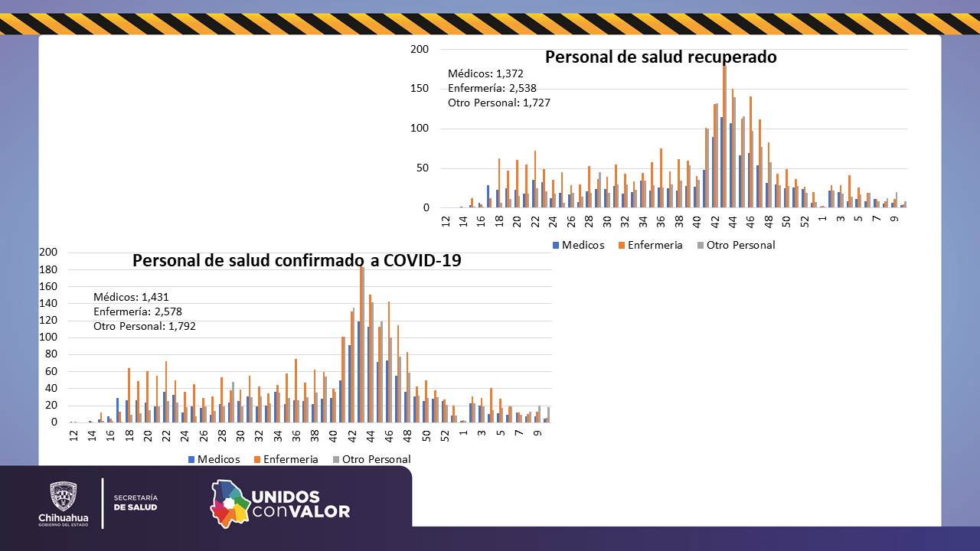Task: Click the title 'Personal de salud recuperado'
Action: point(660,57)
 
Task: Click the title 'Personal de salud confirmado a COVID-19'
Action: point(296,260)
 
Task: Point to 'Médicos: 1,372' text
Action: point(485,73)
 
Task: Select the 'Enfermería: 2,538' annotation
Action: point(492,88)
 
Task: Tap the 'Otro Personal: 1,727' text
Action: point(498,103)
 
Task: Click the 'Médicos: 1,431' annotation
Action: point(131,297)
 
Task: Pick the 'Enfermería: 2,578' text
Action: point(138,311)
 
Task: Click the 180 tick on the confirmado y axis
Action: point(48,269)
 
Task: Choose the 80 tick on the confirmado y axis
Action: point(51,354)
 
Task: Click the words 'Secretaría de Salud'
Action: point(136,502)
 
